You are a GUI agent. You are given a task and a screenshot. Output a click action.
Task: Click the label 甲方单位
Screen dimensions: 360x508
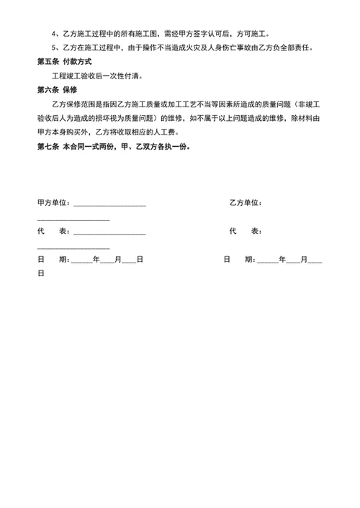coord(53,203)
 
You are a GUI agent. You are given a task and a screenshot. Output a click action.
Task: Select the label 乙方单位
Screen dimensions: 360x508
coord(245,203)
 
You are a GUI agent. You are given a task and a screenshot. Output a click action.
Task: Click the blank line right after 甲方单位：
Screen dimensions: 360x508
coord(109,205)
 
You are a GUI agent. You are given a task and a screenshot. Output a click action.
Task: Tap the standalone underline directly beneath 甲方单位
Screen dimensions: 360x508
coord(73,219)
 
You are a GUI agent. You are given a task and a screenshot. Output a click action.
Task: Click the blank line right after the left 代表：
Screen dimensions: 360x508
coord(109,233)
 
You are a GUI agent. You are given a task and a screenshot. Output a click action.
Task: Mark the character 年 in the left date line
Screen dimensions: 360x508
coord(96,259)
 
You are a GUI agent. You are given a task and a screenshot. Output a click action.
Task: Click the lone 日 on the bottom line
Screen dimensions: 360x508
coord(41,273)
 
